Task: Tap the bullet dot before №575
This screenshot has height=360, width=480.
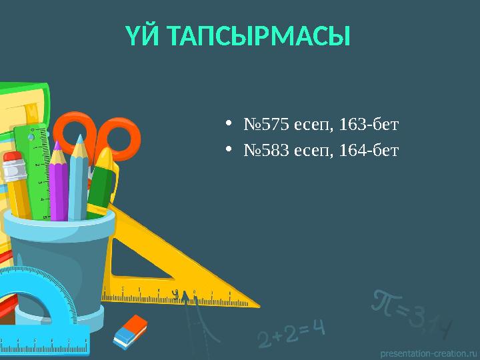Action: tap(229, 123)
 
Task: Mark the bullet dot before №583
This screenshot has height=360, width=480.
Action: tap(229, 150)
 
